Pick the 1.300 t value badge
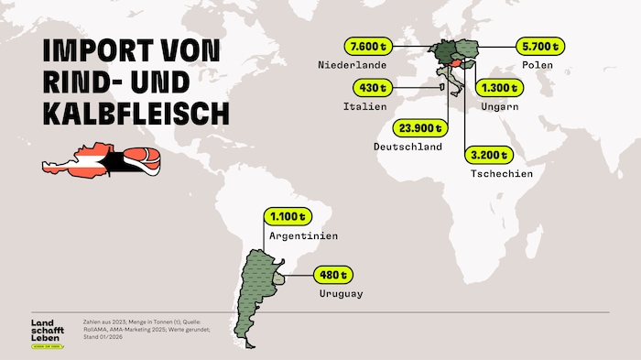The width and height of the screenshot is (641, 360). [499, 89]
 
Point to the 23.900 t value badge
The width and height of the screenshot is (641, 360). [419, 128]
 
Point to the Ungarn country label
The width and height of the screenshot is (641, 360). [500, 107]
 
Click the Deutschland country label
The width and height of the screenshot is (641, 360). [408, 147]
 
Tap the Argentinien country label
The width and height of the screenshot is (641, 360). [304, 236]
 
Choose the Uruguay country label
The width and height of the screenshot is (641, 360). [342, 293]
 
